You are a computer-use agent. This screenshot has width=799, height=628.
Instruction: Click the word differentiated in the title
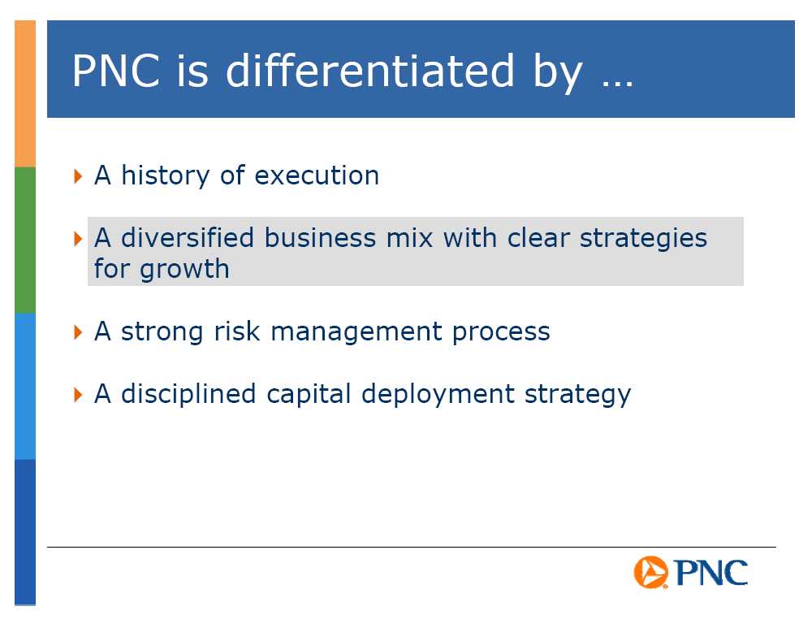pos(370,71)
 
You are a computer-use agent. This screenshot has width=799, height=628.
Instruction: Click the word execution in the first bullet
pos(317,175)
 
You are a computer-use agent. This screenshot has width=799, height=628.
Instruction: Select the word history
pos(165,175)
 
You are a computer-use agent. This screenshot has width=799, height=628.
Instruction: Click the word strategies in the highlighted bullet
pos(644,239)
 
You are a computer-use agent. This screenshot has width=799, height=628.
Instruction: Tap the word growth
pos(184,270)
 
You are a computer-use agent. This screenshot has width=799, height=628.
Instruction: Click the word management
pos(356,332)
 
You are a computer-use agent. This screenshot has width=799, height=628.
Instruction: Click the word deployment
pos(438,395)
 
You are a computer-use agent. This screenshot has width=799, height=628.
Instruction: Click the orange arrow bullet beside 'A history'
pos(78,176)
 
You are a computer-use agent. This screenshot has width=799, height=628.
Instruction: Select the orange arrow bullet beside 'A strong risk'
pos(78,332)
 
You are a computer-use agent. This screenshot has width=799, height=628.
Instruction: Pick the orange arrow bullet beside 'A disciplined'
pos(78,395)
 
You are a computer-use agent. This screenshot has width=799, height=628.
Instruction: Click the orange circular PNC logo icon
pos(650,572)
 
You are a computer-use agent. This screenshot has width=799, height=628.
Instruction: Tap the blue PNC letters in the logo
pos(711,573)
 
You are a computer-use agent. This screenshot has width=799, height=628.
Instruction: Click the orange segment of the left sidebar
pos(25,93)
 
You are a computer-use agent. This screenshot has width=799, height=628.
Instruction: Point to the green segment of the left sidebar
pos(25,240)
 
